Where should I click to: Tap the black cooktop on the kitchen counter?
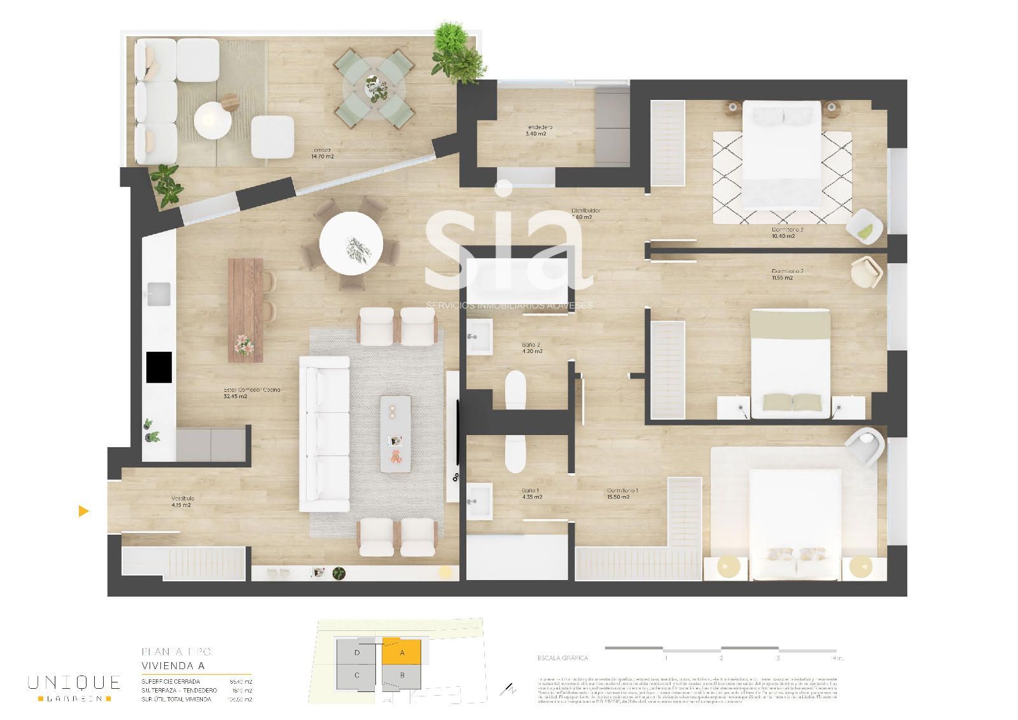tap(159, 368)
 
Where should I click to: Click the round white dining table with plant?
tap(351, 244)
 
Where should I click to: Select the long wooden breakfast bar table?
tap(246, 310)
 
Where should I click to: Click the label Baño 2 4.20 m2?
tap(532, 348)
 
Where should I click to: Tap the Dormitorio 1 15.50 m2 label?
tap(618, 494)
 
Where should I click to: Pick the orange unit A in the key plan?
tap(401, 652)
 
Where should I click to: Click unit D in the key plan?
tap(358, 652)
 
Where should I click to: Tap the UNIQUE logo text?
tap(74, 682)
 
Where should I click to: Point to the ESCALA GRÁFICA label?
tap(562, 658)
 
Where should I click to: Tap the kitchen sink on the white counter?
tap(158, 294)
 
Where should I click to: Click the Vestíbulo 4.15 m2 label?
tap(182, 502)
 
